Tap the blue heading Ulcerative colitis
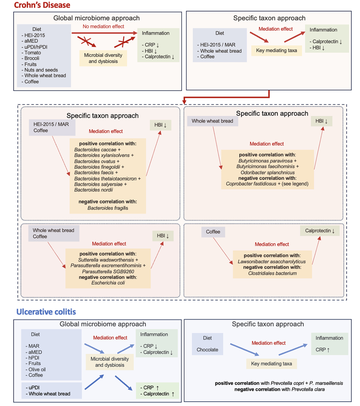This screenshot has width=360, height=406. coord(46,312)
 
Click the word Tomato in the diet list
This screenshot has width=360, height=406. coord(33,53)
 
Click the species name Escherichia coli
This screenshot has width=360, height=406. coord(107,282)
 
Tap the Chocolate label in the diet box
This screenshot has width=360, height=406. coord(207,350)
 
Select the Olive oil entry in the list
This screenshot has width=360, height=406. coord(35,369)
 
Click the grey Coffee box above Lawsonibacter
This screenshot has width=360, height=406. coord(213,232)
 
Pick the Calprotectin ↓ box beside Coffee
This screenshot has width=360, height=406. coord(319,231)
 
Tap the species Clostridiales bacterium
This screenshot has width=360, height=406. coord(272,273)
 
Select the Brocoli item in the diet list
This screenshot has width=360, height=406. coord(33,59)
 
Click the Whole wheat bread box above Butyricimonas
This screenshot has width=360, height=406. coord(210,121)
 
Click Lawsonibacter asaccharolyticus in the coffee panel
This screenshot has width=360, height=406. coord(272,262)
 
